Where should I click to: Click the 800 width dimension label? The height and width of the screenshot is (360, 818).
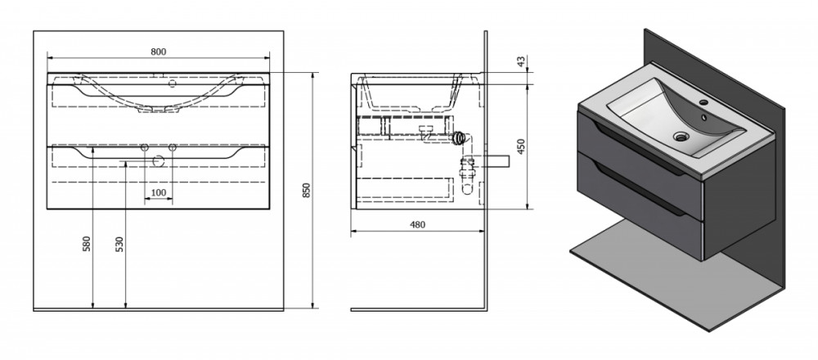pyautogui.click(x=158, y=51)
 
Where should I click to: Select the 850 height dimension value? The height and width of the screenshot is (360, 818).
pyautogui.click(x=307, y=191)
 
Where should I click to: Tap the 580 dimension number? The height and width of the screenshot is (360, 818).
pyautogui.click(x=87, y=244)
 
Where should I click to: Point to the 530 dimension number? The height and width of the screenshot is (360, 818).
pyautogui.click(x=119, y=244)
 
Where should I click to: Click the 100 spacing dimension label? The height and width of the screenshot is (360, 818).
pyautogui.click(x=158, y=192)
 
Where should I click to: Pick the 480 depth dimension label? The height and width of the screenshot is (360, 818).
pyautogui.click(x=417, y=225)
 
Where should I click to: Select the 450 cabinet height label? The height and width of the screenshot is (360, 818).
pyautogui.click(x=521, y=147)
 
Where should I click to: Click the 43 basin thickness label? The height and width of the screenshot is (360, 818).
pyautogui.click(x=520, y=61)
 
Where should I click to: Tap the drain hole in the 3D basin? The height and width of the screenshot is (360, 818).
pyautogui.click(x=681, y=137)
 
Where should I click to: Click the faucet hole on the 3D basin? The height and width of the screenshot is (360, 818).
pyautogui.click(x=703, y=102)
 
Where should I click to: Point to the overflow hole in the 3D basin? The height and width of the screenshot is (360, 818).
pyautogui.click(x=703, y=118)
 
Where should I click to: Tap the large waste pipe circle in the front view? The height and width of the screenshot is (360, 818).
pyautogui.click(x=158, y=161)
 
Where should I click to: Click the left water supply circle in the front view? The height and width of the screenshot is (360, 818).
pyautogui.click(x=145, y=148)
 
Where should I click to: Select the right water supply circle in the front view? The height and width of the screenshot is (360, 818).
pyautogui.click(x=172, y=148)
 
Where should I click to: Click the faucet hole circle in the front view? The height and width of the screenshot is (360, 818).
pyautogui.click(x=172, y=83)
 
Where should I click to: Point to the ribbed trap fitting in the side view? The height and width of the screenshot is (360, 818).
pyautogui.click(x=459, y=137)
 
